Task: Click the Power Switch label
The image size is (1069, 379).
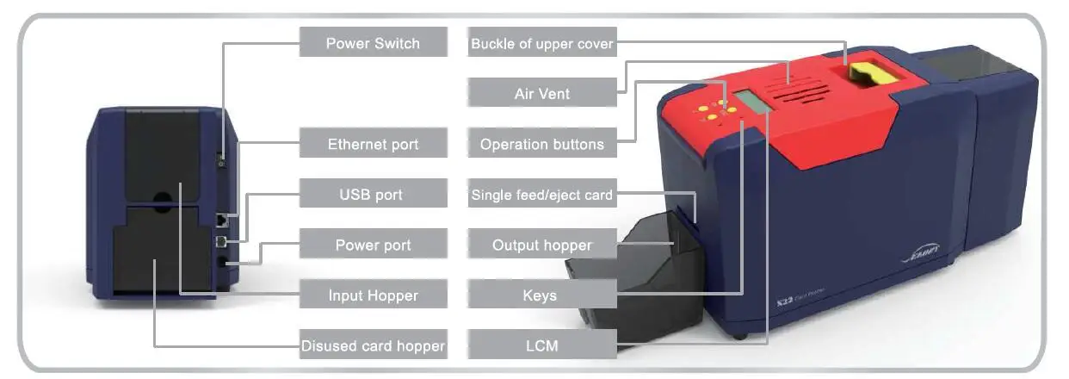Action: click(x=373, y=43)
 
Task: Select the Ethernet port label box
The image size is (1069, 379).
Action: click(x=373, y=144)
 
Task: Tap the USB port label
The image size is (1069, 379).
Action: click(x=373, y=195)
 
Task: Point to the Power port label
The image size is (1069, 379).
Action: click(x=373, y=245)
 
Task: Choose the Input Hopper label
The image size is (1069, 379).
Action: click(x=373, y=295)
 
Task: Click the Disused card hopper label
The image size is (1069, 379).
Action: click(x=373, y=346)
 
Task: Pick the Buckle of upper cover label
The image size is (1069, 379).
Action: click(x=542, y=43)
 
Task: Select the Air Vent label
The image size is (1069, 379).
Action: click(x=542, y=93)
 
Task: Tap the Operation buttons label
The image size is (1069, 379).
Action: click(x=542, y=144)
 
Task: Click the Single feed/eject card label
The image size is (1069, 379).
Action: click(x=542, y=195)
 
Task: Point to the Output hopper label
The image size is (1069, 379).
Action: click(x=542, y=245)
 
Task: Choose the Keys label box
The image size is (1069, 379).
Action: click(x=542, y=295)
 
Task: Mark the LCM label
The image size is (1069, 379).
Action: click(x=542, y=346)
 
